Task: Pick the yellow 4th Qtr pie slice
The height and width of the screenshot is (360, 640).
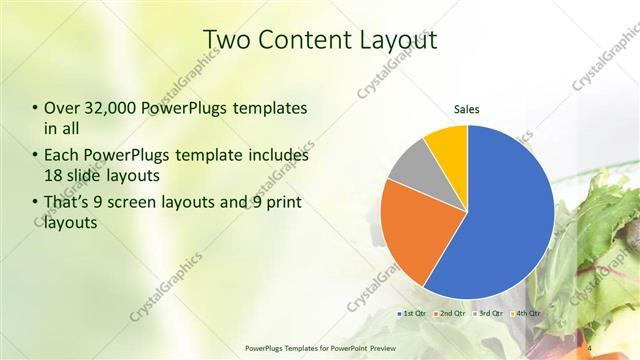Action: click(x=447, y=147)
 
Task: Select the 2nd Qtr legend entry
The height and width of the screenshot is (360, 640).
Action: click(x=451, y=313)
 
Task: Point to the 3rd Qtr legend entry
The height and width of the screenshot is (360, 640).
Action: click(x=489, y=313)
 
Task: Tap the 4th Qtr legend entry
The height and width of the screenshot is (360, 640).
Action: click(x=527, y=313)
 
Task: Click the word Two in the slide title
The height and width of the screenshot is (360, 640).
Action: click(x=227, y=40)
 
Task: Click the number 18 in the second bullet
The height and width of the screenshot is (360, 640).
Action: click(x=54, y=175)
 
